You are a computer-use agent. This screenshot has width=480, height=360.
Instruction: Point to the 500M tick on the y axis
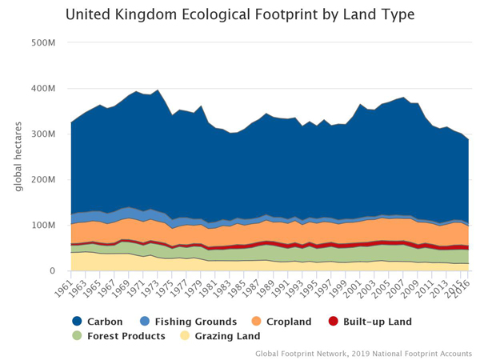[x=45, y=42]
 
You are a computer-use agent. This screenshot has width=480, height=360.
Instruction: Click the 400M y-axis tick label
[x=45, y=88]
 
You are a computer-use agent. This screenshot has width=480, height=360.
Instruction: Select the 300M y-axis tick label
[x=45, y=134]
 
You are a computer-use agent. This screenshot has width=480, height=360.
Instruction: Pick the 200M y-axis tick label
[x=45, y=180]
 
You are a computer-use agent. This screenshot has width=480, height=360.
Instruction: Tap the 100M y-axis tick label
[x=45, y=226]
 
